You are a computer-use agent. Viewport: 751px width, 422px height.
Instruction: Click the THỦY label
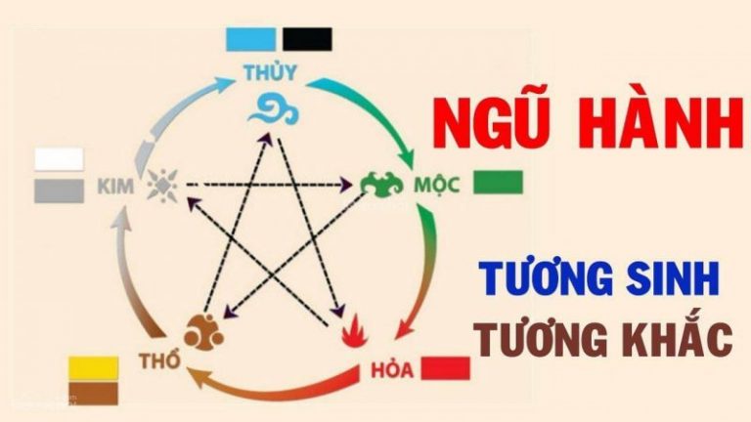pos(270,71)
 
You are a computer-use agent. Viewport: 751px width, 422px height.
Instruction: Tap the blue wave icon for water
pos(273,110)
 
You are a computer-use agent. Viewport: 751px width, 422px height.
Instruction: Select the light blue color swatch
pos(251,39)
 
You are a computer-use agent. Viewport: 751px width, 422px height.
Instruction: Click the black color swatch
pos(307,39)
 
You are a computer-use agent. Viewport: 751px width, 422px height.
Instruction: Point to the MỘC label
pos(437,185)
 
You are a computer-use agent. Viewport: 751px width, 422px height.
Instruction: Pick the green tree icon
pos(381,185)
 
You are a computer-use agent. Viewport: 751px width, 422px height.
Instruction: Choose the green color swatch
pos(498,183)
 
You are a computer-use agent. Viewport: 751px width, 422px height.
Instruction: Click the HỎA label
pos(392,370)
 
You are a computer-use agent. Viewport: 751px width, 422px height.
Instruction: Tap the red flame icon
pos(355,331)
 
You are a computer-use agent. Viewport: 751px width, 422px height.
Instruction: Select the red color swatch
pos(446,368)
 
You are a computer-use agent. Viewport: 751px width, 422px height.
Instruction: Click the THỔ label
pos(160,360)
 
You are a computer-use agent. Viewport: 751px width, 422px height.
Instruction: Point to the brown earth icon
pos(203,332)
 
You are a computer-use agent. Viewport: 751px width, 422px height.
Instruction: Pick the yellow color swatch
pos(94,368)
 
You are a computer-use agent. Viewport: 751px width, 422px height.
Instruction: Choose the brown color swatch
pos(94,394)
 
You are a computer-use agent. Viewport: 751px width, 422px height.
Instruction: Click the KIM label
pos(116,187)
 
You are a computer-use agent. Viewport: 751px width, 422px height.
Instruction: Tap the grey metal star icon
pos(162,186)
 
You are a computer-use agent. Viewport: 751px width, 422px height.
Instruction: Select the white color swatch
pos(59,159)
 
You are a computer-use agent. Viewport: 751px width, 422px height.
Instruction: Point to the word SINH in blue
pos(671,279)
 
